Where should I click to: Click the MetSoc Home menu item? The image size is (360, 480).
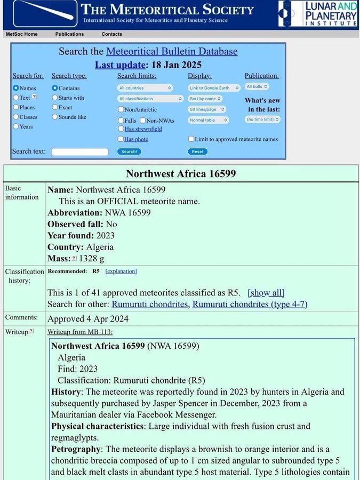click(x=21, y=34)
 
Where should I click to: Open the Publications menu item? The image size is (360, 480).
click(x=69, y=34)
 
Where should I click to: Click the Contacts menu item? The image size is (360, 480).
click(x=111, y=34)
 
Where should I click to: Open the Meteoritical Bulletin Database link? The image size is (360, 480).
click(x=172, y=52)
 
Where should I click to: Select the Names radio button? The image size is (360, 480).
click(x=16, y=88)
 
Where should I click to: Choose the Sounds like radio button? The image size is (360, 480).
click(x=55, y=117)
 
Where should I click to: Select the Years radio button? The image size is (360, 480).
click(x=16, y=126)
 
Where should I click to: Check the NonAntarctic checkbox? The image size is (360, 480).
click(x=121, y=109)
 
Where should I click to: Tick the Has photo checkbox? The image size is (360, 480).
click(x=121, y=139)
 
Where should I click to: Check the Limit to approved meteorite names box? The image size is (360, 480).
click(x=191, y=139)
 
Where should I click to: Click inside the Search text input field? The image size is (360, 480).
click(x=79, y=152)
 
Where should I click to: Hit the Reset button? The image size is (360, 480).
click(x=197, y=151)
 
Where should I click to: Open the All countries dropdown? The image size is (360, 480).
click(x=145, y=88)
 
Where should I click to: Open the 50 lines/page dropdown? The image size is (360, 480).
click(x=207, y=109)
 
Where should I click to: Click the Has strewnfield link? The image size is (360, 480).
click(x=143, y=129)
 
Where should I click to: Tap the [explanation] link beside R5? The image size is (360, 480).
click(x=121, y=271)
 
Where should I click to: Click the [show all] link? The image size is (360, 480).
click(x=266, y=293)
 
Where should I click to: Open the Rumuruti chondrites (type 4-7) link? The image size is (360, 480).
click(x=250, y=304)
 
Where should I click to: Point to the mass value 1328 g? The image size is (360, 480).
click(x=92, y=259)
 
